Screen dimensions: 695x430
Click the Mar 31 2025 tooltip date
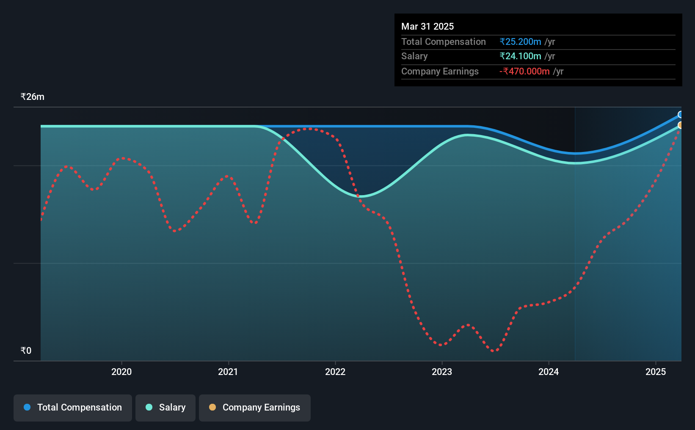427,26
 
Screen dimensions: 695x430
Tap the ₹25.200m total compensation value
520,41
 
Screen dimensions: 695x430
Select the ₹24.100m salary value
520,56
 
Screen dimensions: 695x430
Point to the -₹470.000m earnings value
524,72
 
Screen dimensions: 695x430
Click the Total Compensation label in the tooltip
444,41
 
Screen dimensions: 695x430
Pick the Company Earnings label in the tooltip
440,72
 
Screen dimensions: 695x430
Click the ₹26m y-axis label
32,97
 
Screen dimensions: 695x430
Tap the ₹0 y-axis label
26,350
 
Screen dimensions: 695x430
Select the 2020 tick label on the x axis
121,372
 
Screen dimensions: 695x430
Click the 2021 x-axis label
228,372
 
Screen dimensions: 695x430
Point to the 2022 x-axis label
335,372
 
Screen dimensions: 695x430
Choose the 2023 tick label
442,372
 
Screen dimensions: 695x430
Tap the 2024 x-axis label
549,372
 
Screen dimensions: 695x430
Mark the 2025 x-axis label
656,372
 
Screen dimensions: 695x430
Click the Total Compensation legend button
73,408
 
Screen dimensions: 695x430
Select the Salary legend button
165,408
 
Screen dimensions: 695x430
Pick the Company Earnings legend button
255,408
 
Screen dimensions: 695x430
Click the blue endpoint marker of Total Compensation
680,115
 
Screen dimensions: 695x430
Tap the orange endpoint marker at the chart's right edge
680,125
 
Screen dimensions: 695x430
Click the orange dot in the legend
212,407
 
